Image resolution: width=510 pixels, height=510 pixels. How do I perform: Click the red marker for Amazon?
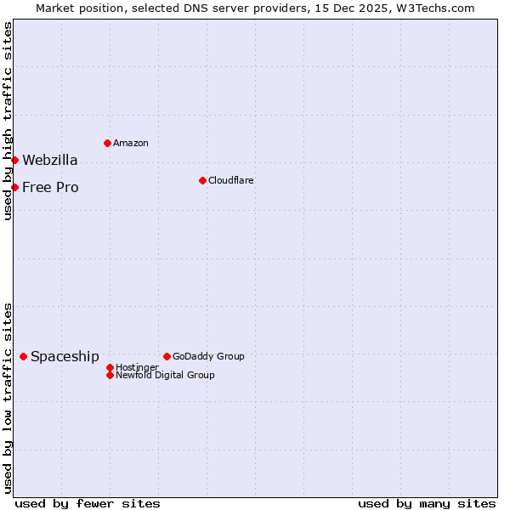(x=107, y=143)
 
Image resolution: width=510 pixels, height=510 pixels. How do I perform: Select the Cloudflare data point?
(x=202, y=180)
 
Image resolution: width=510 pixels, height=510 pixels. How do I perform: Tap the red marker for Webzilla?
(x=14, y=160)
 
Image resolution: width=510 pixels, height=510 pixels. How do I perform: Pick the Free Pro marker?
(x=14, y=187)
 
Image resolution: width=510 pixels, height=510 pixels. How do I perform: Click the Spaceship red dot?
(x=23, y=356)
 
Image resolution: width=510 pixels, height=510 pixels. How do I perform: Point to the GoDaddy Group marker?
(x=167, y=356)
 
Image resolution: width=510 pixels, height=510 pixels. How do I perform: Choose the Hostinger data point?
(x=110, y=367)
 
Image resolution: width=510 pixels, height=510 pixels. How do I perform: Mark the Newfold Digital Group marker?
(x=110, y=375)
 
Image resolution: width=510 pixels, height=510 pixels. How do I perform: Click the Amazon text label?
(x=130, y=143)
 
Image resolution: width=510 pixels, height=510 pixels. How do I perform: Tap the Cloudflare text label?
(x=230, y=180)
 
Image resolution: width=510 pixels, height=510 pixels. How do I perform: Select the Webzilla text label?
(x=49, y=160)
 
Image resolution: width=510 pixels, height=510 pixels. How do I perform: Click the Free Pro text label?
(x=50, y=187)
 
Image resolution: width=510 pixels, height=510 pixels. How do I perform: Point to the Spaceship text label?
(x=65, y=356)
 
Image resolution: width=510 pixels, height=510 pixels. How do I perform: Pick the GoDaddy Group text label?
(x=208, y=356)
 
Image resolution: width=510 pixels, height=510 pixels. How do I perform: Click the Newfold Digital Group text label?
(x=165, y=375)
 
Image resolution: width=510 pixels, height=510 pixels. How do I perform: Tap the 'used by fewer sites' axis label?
(x=88, y=503)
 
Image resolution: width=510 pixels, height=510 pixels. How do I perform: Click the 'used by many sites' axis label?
(x=427, y=503)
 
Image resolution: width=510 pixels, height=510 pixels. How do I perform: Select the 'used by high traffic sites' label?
(x=8, y=121)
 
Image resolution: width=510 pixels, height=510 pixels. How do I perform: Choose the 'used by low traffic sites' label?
(x=8, y=398)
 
